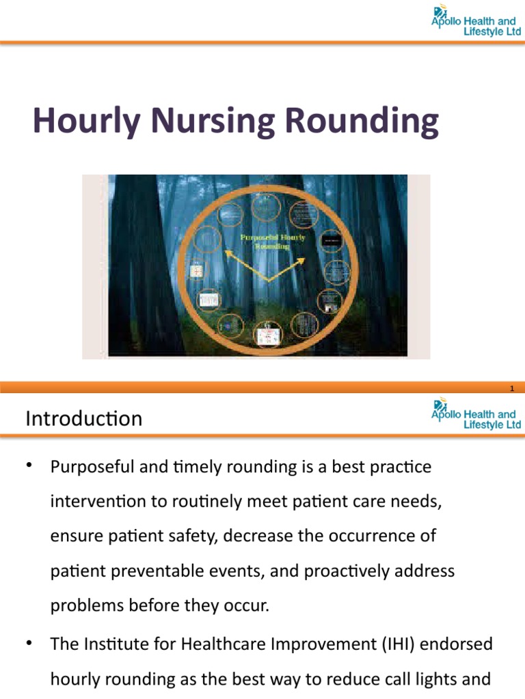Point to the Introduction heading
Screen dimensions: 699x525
pyautogui.click(x=84, y=418)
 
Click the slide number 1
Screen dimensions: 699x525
pyautogui.click(x=511, y=388)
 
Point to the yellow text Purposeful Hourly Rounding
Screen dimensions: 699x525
pyautogui.click(x=273, y=241)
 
